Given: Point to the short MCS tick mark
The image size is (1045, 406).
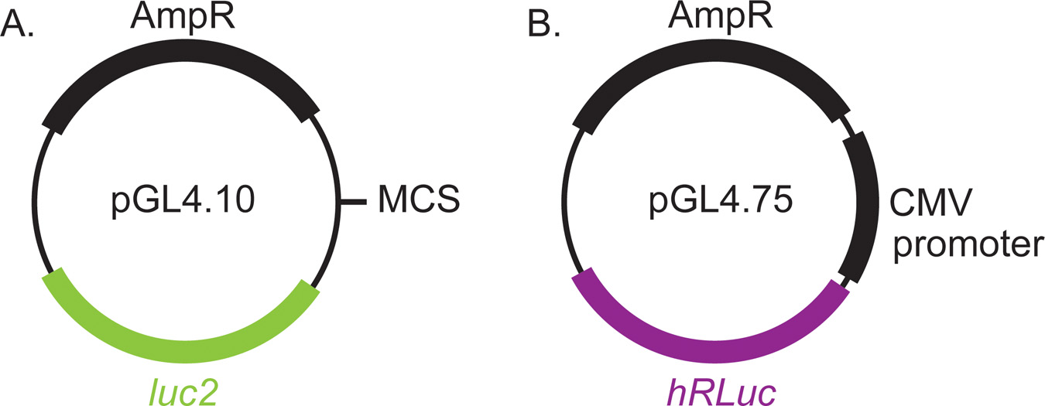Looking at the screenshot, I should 354,203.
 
